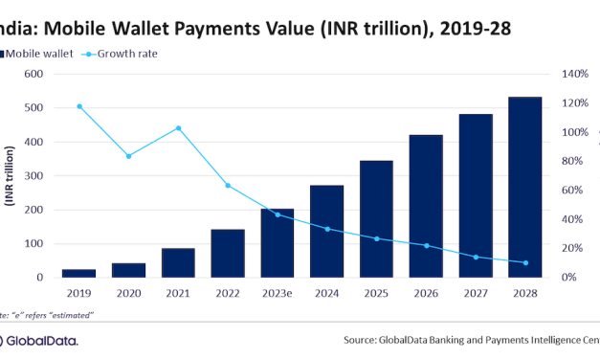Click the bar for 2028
click(x=525, y=187)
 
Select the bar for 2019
click(x=78, y=273)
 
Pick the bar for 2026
click(x=426, y=206)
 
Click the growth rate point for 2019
click(x=78, y=106)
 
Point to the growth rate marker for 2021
click(x=178, y=128)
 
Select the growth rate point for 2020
click(x=128, y=155)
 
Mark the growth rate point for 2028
click(x=525, y=262)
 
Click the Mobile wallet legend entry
click(x=39, y=54)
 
